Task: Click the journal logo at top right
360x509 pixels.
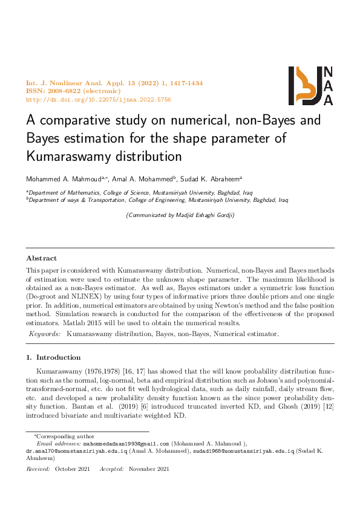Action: [310, 86]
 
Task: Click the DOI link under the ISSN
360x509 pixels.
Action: [99, 99]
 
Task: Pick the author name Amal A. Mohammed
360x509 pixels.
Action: [144, 178]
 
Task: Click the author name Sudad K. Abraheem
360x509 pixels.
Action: [212, 178]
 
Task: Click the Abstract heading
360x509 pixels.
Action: [42, 258]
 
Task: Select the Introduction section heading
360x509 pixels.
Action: [53, 357]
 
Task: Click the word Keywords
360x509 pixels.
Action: [45, 334]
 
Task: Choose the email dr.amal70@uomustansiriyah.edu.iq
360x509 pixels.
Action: [76, 451]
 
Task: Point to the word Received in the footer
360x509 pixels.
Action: [38, 469]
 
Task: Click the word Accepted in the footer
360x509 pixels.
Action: [111, 469]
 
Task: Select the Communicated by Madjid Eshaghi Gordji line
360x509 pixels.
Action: [180, 215]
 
